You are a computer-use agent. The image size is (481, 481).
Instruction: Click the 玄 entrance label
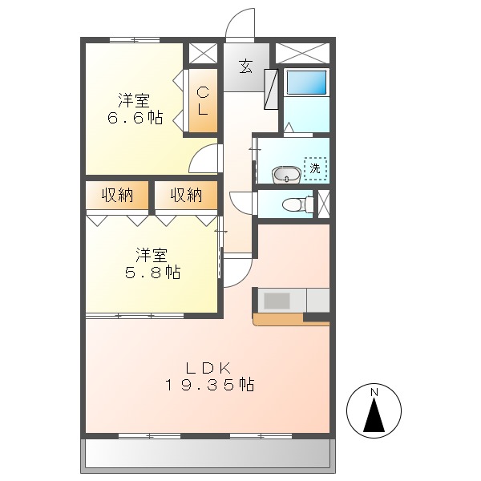tap(245, 67)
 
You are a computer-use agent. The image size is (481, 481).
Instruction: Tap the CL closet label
tap(204, 102)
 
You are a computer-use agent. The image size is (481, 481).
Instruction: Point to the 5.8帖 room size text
tap(152, 273)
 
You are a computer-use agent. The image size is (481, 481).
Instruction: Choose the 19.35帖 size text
tap(210, 386)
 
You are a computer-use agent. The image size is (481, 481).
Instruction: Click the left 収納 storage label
tap(117, 195)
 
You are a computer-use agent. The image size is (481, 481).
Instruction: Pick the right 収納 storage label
tap(186, 195)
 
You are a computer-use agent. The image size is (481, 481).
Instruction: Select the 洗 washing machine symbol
tap(316, 169)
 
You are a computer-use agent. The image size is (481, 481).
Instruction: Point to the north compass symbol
tap(373, 410)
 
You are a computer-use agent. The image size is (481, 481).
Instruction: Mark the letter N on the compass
tap(374, 392)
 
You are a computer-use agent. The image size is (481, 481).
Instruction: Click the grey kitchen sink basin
tap(277, 301)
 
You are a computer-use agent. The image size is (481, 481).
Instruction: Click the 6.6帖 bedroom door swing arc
tap(205, 159)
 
